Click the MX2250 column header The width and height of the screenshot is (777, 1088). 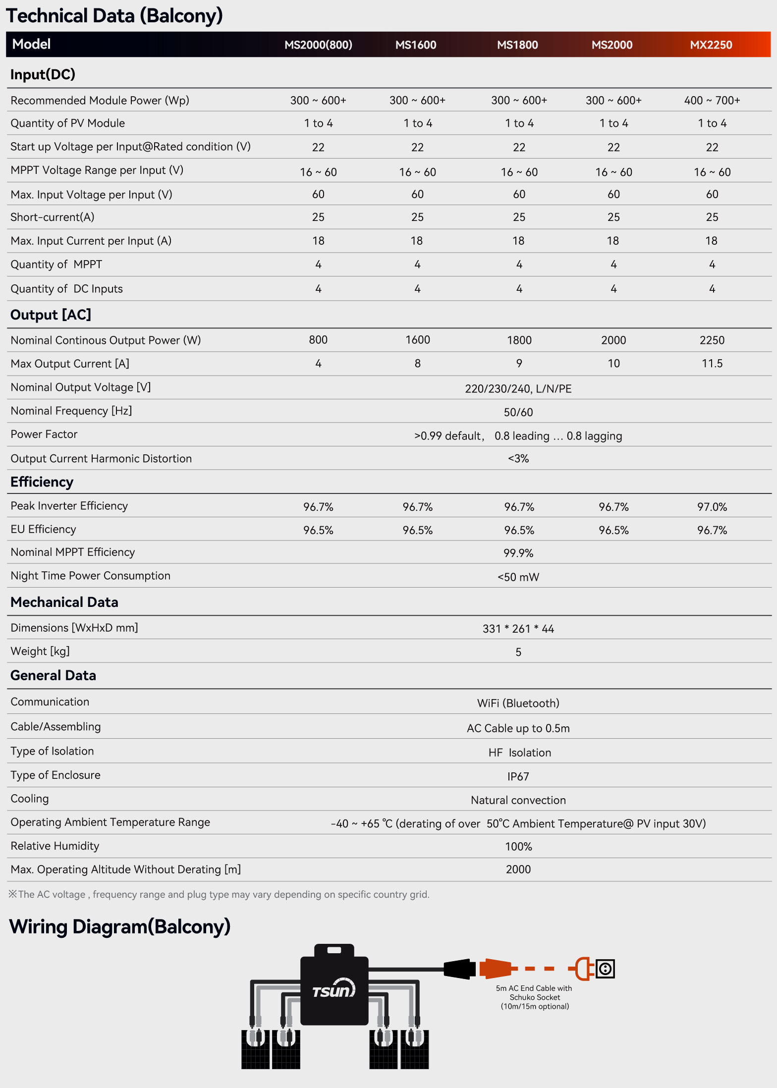[711, 45]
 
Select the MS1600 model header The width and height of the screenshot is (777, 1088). [416, 45]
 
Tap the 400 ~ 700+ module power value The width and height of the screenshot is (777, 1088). [712, 101]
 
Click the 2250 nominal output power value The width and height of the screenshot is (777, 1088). [712, 340]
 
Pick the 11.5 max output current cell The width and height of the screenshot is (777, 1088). [712, 364]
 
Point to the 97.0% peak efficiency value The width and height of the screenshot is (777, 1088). [712, 507]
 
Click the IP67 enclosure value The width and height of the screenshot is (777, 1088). [518, 776]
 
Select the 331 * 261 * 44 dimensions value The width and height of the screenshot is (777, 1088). [518, 629]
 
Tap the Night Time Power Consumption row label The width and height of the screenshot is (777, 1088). [90, 576]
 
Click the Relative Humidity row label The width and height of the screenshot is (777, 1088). [55, 846]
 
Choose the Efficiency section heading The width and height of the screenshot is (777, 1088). [42, 482]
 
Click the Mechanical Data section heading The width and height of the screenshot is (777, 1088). [64, 602]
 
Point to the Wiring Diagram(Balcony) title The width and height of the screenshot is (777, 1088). [120, 926]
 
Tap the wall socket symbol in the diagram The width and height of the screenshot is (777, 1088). [605, 968]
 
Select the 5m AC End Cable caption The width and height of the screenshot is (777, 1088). [534, 997]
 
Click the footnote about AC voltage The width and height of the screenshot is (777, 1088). [219, 894]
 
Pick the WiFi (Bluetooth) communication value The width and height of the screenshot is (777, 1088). [518, 703]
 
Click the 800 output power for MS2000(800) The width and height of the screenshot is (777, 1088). [318, 340]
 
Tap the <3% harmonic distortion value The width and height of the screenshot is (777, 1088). [518, 459]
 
